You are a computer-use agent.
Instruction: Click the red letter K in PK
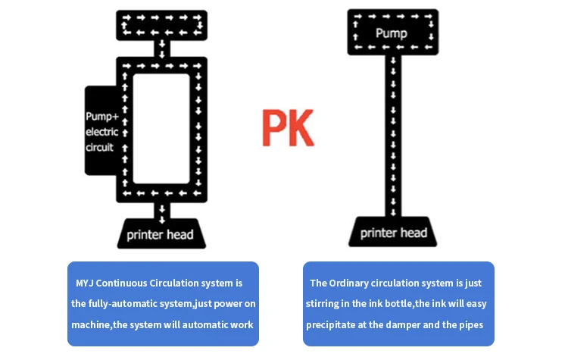(x=301, y=127)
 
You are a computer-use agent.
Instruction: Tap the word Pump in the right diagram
(x=392, y=33)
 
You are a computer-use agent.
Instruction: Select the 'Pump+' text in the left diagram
(x=102, y=117)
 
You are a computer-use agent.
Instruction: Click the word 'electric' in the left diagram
(x=101, y=132)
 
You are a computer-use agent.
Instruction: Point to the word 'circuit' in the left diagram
(x=100, y=147)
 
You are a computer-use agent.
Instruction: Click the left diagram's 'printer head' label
(x=160, y=235)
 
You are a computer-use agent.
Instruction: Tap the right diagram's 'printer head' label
(x=394, y=233)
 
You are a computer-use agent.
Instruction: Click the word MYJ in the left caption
(x=84, y=283)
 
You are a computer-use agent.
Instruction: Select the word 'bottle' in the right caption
(x=398, y=303)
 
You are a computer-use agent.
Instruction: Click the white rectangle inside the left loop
(x=161, y=129)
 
